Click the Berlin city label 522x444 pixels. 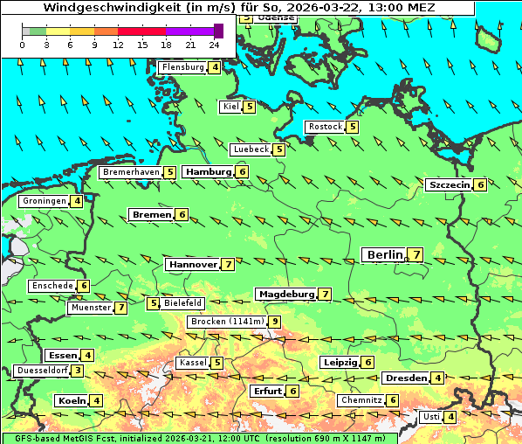coord(385,254)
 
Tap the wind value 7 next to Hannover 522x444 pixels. coord(228,264)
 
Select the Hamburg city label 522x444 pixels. coord(208,172)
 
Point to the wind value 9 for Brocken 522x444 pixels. coord(275,322)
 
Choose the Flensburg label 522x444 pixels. coord(182,66)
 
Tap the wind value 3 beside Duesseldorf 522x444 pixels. coord(78,371)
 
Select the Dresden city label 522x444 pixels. coord(405,378)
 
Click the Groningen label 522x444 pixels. coord(45,201)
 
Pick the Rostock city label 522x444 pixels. coord(325,127)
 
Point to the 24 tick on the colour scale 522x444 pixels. coord(214,45)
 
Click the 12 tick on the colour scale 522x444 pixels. coord(118,45)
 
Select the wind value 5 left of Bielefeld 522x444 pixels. coord(154,303)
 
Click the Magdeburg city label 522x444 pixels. coord(285,295)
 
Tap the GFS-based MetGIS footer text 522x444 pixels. coord(87,438)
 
